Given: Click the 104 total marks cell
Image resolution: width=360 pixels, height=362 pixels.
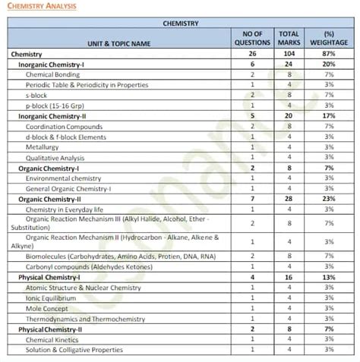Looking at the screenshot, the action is coord(289,55).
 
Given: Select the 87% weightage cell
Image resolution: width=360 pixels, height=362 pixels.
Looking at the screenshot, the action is coord(329,55).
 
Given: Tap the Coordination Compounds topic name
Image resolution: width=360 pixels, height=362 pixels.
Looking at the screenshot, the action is coord(65,127).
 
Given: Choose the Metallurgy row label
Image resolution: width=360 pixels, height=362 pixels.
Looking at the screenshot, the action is coord(43,146).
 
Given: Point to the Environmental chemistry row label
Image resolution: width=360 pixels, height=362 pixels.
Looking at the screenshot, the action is coord(65,178).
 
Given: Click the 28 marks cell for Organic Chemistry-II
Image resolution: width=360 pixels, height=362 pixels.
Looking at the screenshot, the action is coord(289,198).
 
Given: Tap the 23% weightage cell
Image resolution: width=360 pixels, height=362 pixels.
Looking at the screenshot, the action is coord(329,198).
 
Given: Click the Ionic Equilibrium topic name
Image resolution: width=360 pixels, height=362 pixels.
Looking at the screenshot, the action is coord(52,298).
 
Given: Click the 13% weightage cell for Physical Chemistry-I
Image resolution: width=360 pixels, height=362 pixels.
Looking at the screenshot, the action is coord(329,278).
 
